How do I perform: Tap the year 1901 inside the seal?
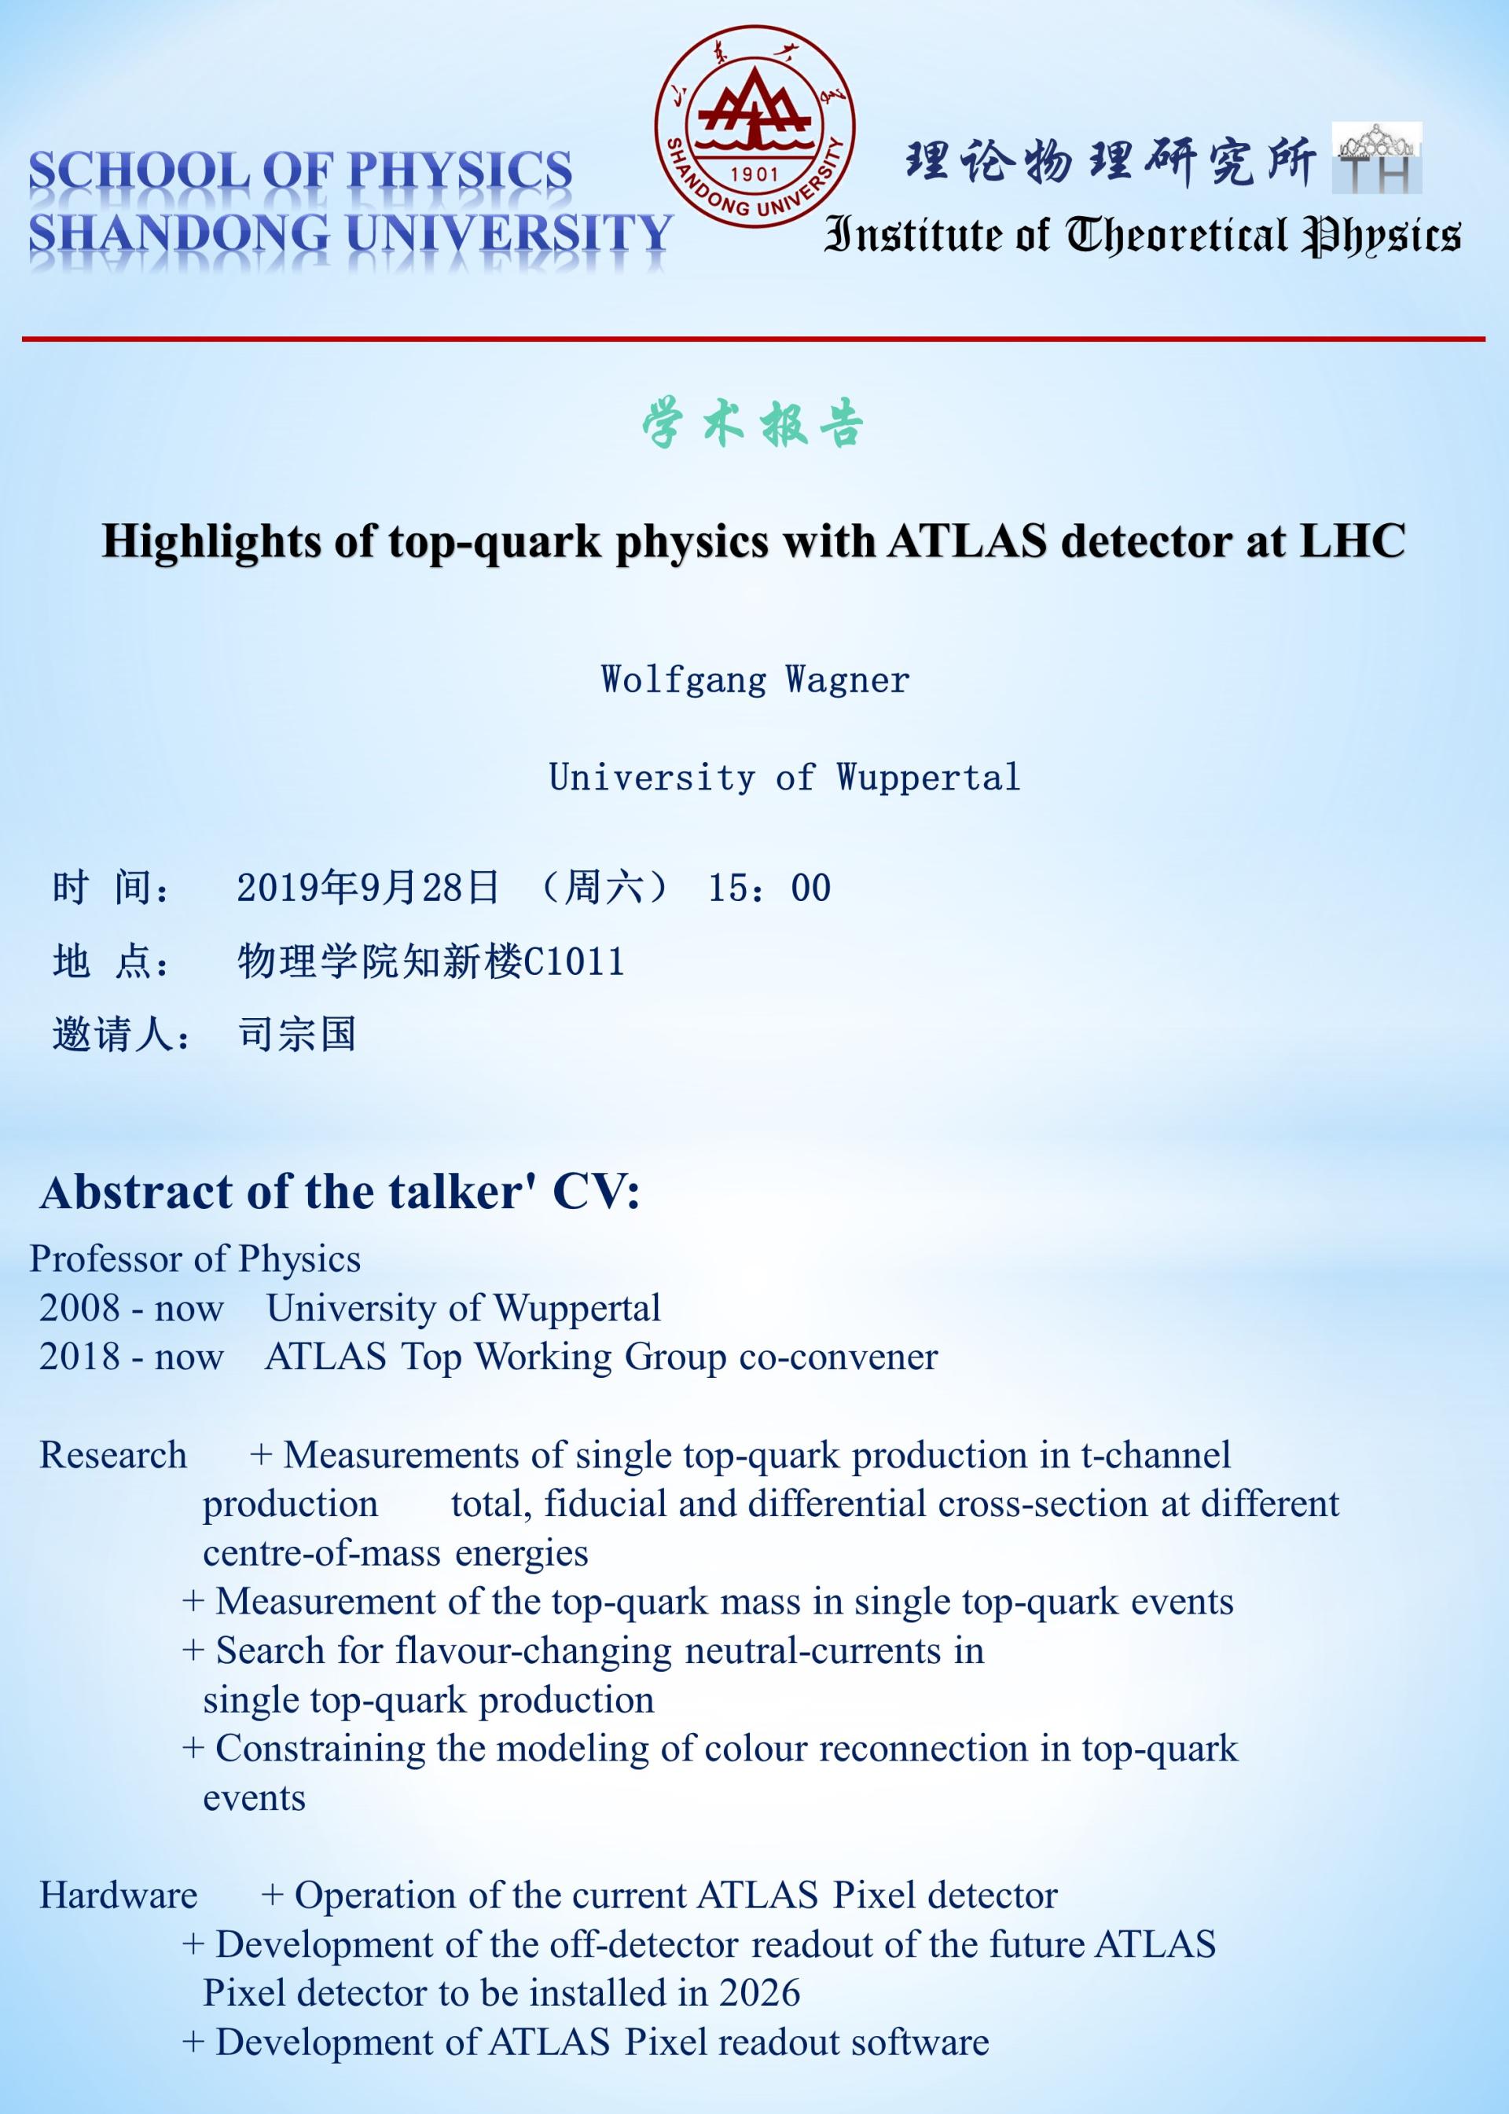click(754, 174)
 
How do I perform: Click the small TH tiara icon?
click(1376, 158)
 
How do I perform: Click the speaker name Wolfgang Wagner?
click(754, 680)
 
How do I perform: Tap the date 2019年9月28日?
click(368, 888)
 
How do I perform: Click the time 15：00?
click(769, 888)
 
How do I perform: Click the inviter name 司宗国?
click(297, 1034)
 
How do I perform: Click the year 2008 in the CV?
click(80, 1309)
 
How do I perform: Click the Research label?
click(112, 1456)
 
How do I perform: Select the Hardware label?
click(118, 1895)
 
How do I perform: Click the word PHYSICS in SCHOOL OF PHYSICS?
click(460, 172)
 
